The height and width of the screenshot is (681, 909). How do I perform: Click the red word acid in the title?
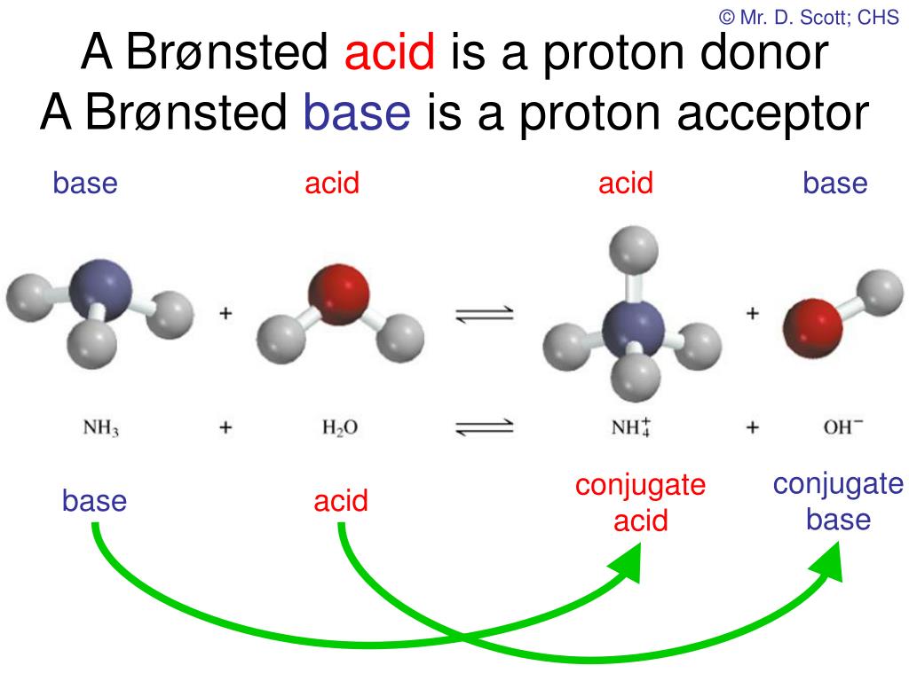pos(390,51)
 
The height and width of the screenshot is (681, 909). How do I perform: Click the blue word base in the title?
pos(357,112)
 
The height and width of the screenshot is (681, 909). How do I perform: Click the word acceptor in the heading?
pos(773,114)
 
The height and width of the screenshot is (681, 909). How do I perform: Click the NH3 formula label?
pos(101,428)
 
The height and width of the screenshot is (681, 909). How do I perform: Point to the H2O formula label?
pos(340,428)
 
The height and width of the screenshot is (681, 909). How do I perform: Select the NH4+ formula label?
pos(631,427)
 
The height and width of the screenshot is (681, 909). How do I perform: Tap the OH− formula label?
pos(843,427)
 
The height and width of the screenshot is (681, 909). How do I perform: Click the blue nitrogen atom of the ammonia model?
pos(100,290)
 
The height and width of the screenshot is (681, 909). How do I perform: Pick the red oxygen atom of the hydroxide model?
pos(812,328)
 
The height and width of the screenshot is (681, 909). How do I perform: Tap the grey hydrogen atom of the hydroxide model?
pos(880,292)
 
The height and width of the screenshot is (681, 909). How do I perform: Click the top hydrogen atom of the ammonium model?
pos(634,249)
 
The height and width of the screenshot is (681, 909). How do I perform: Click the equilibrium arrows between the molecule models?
pos(485,313)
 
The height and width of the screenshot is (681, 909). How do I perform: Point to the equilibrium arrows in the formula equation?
pos(485,427)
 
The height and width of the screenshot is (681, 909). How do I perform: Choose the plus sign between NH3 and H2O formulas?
pos(225,427)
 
